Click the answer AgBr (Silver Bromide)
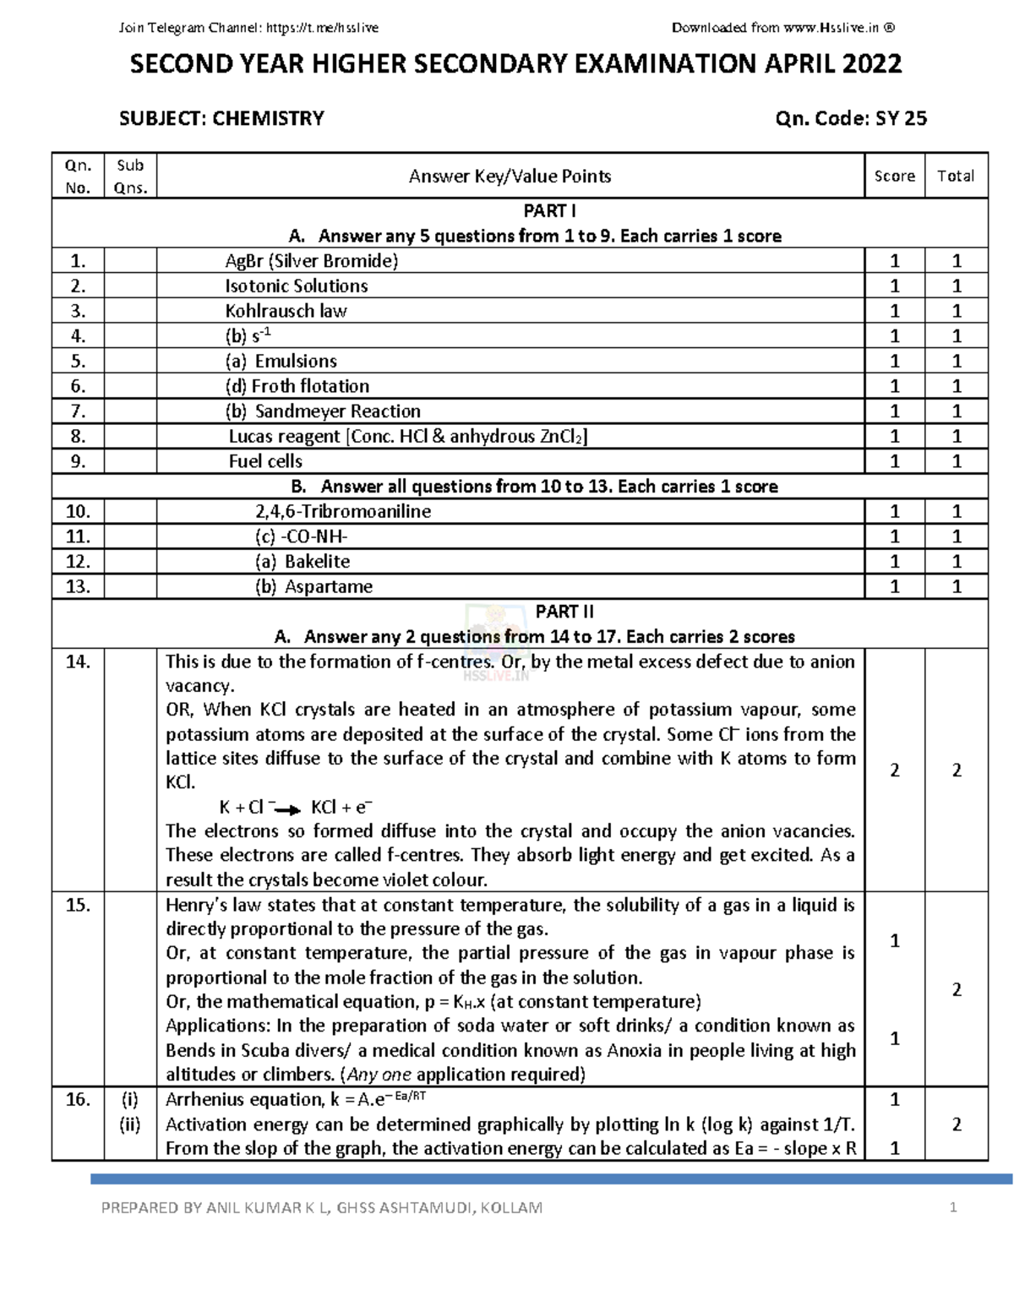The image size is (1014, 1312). (x=311, y=261)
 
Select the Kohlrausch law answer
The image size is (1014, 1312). (x=286, y=311)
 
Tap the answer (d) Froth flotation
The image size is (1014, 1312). (x=297, y=386)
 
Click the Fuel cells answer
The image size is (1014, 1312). (x=265, y=461)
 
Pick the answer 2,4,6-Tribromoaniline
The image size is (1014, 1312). (x=342, y=511)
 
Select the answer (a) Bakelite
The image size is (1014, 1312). (x=303, y=562)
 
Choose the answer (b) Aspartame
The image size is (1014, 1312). (x=313, y=586)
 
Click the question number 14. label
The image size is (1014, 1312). (x=78, y=661)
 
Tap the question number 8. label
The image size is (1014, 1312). (x=78, y=437)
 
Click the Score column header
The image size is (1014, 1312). (x=894, y=176)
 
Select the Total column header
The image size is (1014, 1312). (x=956, y=176)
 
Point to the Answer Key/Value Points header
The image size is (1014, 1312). (x=510, y=176)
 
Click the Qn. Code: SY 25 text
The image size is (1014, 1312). (x=850, y=118)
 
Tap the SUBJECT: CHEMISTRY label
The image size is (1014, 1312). (x=221, y=118)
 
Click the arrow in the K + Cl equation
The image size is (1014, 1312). (x=288, y=809)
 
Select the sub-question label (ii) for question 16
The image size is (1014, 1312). (x=129, y=1124)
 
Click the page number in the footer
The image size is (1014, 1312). (x=953, y=1207)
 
